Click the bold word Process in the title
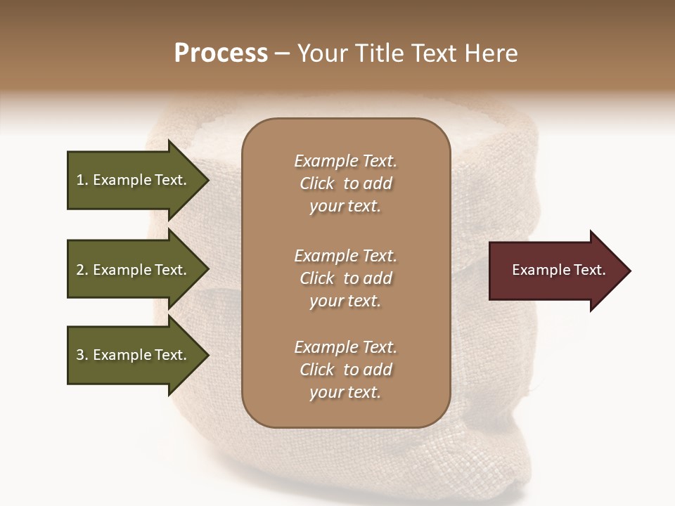tap(221, 53)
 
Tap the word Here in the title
tap(491, 53)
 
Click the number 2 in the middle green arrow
tap(80, 270)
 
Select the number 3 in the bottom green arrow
tap(80, 355)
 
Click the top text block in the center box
tap(345, 183)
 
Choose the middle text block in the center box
tap(345, 278)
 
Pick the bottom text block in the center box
tap(345, 370)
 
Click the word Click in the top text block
tap(316, 183)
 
